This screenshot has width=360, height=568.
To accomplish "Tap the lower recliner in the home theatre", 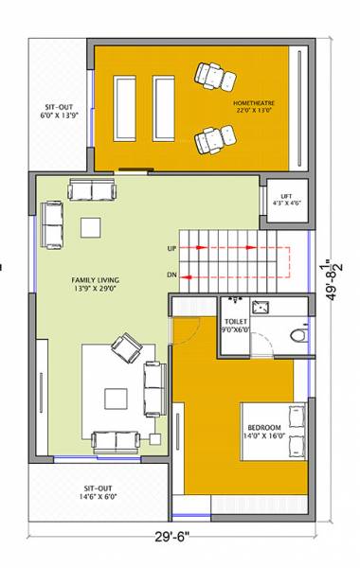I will (209, 140).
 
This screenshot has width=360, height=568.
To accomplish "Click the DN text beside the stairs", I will (171, 275).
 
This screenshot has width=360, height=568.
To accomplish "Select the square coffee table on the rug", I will (117, 396).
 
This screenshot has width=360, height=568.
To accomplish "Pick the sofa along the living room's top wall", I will (91, 190).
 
